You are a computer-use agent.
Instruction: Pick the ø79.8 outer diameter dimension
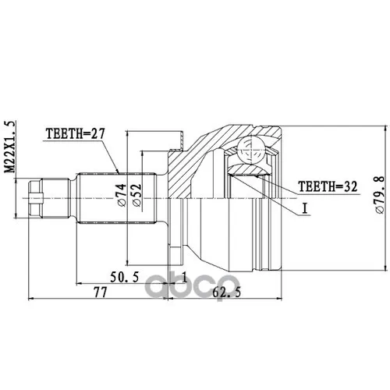[x=379, y=190]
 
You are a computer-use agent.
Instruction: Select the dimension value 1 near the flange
[x=183, y=278]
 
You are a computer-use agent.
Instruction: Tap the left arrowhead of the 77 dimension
[x=30, y=298]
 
